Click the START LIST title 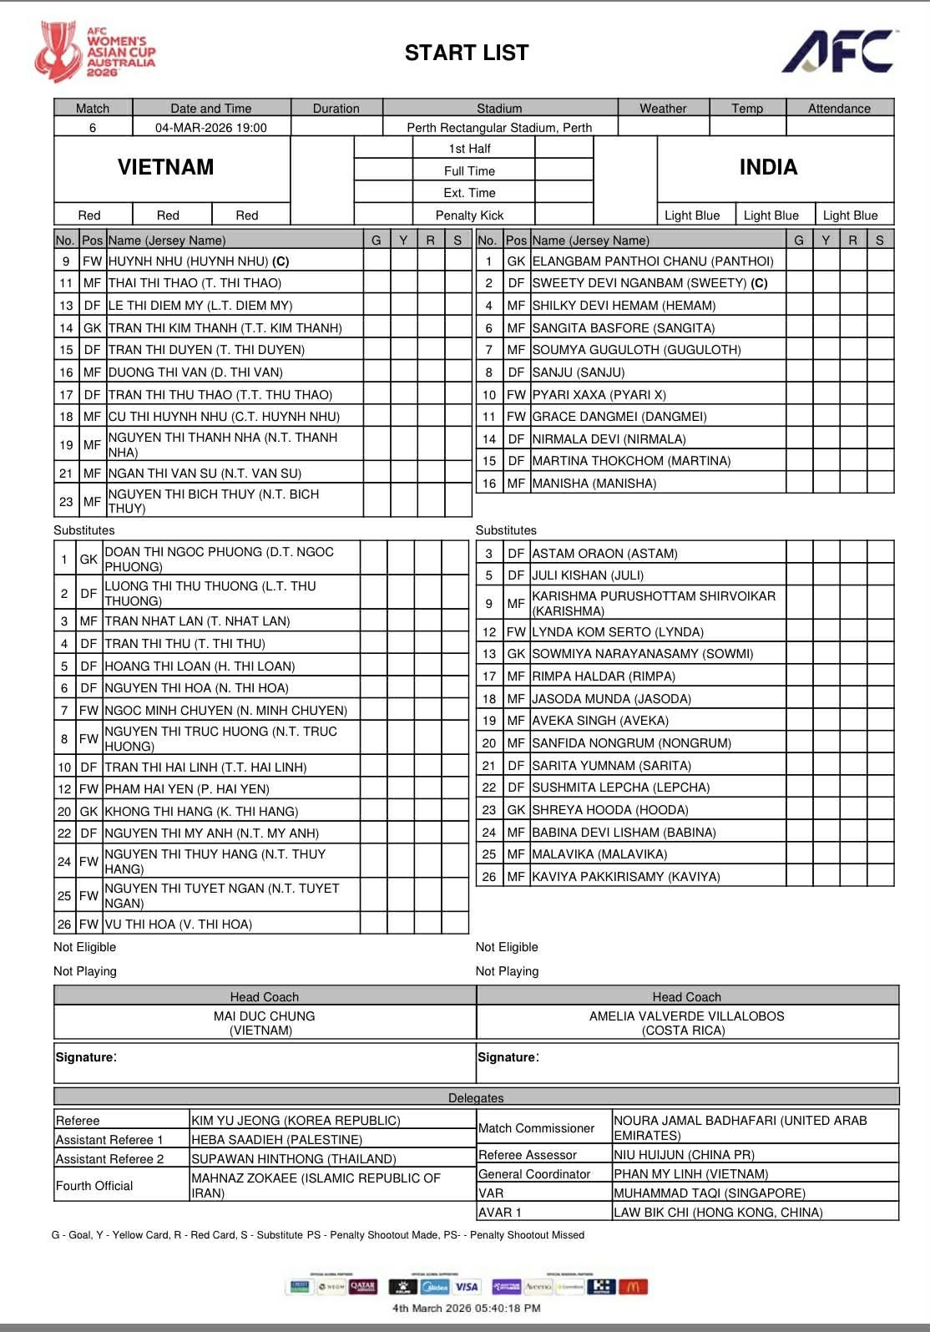[467, 53]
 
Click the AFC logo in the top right [838, 53]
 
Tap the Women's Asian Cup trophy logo [57, 52]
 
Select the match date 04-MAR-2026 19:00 [211, 128]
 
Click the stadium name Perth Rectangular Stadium [499, 128]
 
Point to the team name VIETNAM [165, 167]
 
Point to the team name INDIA [768, 167]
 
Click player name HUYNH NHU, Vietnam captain [199, 261]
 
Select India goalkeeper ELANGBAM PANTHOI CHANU [653, 261]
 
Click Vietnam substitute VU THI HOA [178, 924]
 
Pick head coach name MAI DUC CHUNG [264, 1016]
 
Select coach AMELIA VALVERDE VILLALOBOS [686, 1016]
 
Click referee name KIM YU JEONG [296, 1121]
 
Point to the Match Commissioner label [536, 1128]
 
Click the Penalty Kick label [469, 215]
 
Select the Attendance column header [839, 109]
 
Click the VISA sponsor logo [468, 1287]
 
